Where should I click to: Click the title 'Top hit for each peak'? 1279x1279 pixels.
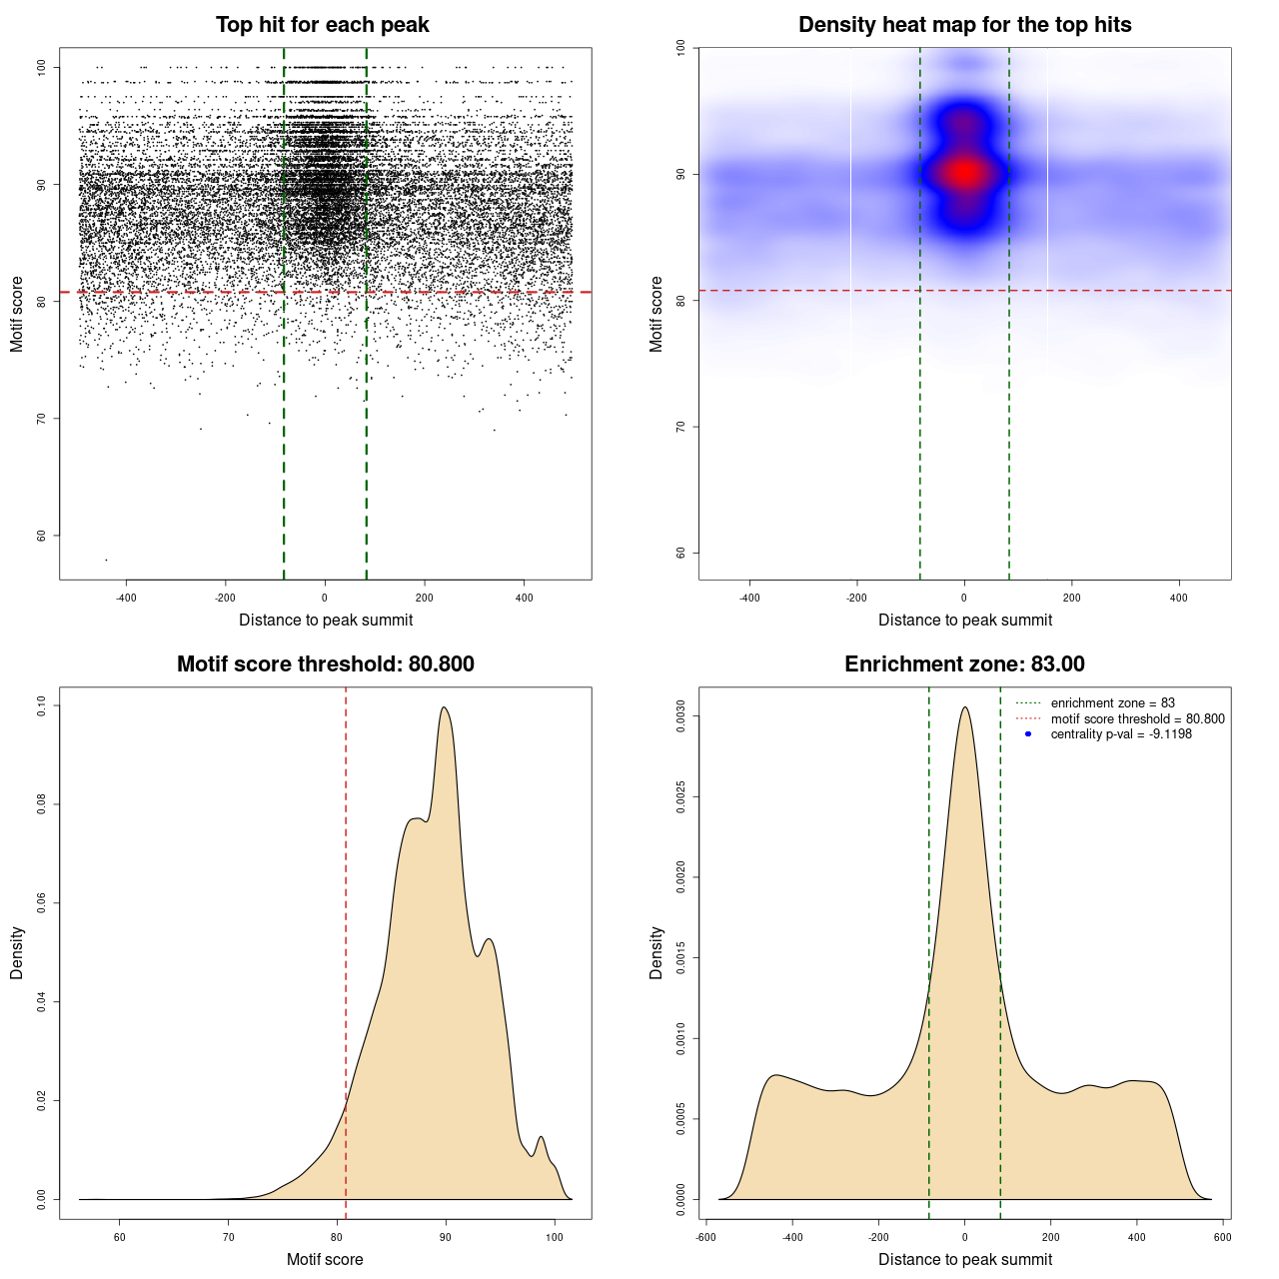(x=322, y=25)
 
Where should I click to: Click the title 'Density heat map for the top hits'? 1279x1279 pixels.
(x=964, y=25)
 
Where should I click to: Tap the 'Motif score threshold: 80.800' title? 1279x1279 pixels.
(x=325, y=664)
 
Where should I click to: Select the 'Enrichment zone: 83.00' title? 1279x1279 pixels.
(x=964, y=664)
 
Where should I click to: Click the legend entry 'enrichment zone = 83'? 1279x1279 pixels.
(x=1112, y=703)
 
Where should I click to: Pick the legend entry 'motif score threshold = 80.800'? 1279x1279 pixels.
(x=1137, y=718)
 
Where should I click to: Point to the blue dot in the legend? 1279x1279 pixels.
(x=1028, y=734)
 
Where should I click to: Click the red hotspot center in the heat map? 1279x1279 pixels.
(x=964, y=173)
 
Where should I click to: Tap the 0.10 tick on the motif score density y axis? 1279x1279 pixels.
(x=42, y=705)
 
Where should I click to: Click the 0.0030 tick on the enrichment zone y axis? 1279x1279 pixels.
(x=681, y=716)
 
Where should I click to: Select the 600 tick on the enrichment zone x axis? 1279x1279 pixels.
(x=1222, y=1237)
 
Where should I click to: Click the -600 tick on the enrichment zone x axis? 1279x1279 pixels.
(x=705, y=1237)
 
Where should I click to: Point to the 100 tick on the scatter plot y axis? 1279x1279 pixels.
(x=42, y=67)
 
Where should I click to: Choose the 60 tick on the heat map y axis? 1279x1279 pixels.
(x=681, y=553)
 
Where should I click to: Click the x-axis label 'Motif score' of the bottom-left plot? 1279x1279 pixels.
(x=325, y=1259)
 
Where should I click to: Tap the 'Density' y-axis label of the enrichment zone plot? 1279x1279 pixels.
(x=656, y=952)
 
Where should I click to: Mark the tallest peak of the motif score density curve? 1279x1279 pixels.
(x=444, y=707)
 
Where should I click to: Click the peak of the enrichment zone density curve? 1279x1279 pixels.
(x=964, y=707)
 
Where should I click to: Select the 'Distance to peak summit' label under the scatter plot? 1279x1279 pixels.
(x=326, y=620)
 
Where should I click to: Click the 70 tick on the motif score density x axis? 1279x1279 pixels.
(x=229, y=1237)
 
